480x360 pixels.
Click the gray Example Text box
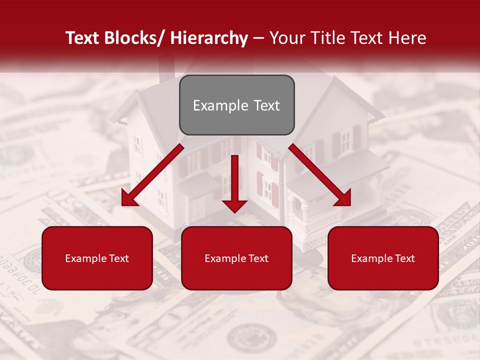(236, 105)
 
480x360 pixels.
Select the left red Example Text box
(97, 258)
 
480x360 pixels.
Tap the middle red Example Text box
(236, 258)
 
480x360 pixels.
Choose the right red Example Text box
(383, 258)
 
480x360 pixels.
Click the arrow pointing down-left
(152, 175)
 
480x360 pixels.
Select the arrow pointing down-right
(320, 175)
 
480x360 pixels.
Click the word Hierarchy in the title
(209, 38)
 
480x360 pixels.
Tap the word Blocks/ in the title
(133, 38)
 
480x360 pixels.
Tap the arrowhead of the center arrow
(234, 205)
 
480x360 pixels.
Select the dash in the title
(258, 38)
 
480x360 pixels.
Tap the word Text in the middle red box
(258, 258)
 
